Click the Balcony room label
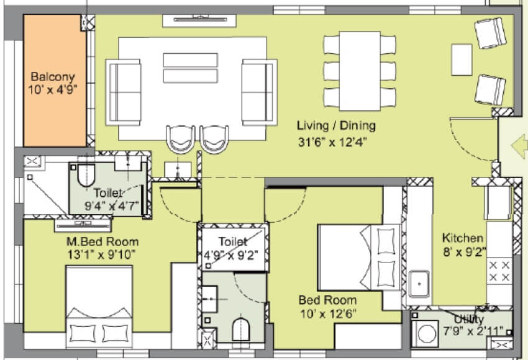[53, 77]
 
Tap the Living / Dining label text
[335, 126]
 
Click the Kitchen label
[463, 238]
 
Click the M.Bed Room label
[102, 241]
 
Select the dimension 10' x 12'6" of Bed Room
[328, 313]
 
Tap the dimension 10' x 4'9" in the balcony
[53, 89]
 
